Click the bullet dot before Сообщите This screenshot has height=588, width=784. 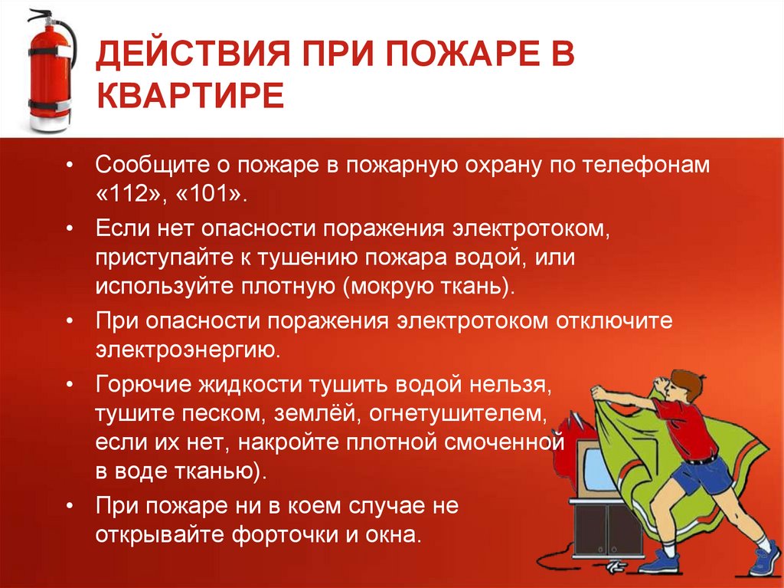70,166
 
